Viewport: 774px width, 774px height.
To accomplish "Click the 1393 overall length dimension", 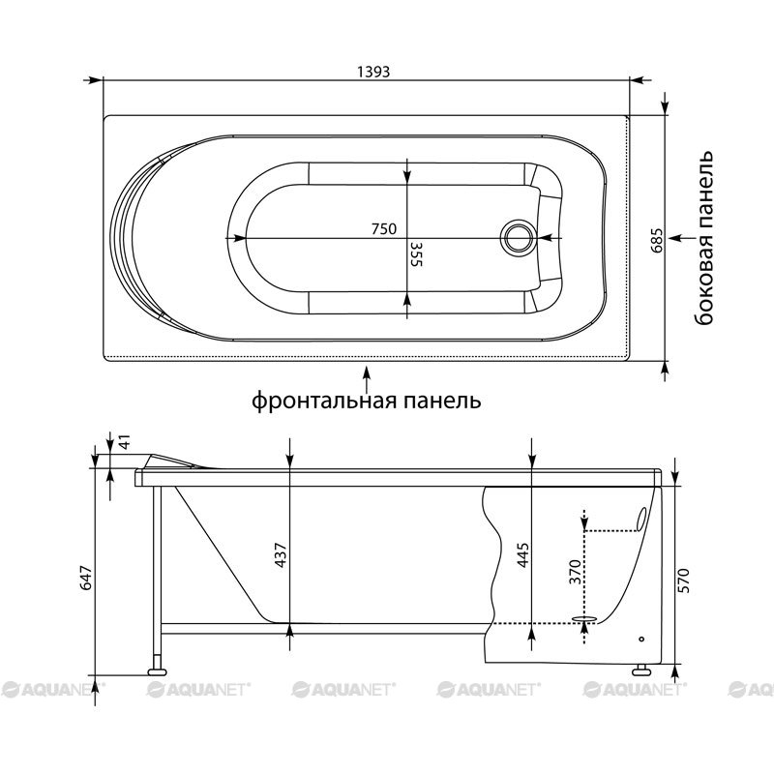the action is pyautogui.click(x=373, y=72).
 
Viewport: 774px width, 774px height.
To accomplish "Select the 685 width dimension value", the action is pyautogui.click(x=657, y=240).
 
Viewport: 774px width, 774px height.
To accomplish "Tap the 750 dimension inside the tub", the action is pyautogui.click(x=384, y=229).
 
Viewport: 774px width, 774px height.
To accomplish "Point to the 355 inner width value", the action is pyautogui.click(x=417, y=253).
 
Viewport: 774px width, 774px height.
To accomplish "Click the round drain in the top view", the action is pyautogui.click(x=517, y=237).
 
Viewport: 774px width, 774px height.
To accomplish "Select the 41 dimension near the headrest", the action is pyautogui.click(x=126, y=442).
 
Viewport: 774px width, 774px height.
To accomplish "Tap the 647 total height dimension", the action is pyautogui.click(x=86, y=578).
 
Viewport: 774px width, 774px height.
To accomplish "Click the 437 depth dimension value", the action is pyautogui.click(x=281, y=554).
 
